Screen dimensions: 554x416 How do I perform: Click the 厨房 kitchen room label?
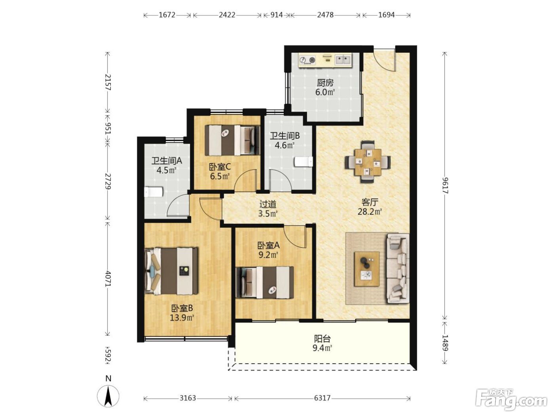click(x=325, y=82)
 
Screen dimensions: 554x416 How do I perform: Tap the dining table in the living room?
click(x=368, y=162)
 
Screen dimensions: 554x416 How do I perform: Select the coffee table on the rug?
click(x=367, y=269)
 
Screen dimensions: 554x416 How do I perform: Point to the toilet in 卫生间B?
click(x=304, y=161)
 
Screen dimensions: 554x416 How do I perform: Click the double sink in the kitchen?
click(x=343, y=60)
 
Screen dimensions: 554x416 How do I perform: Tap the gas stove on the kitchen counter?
click(x=307, y=60)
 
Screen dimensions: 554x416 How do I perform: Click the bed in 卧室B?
click(x=171, y=271)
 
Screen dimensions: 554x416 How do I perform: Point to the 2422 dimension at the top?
click(x=227, y=15)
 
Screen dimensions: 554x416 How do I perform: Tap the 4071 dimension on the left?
click(x=108, y=279)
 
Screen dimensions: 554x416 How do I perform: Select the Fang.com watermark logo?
click(x=511, y=400)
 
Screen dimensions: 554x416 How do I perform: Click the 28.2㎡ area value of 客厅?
click(x=370, y=212)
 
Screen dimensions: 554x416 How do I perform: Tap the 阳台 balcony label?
click(x=322, y=339)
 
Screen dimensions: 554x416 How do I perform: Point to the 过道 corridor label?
click(x=268, y=204)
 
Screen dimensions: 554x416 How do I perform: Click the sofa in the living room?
click(x=397, y=269)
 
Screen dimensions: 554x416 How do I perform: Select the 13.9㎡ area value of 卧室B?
click(x=182, y=317)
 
